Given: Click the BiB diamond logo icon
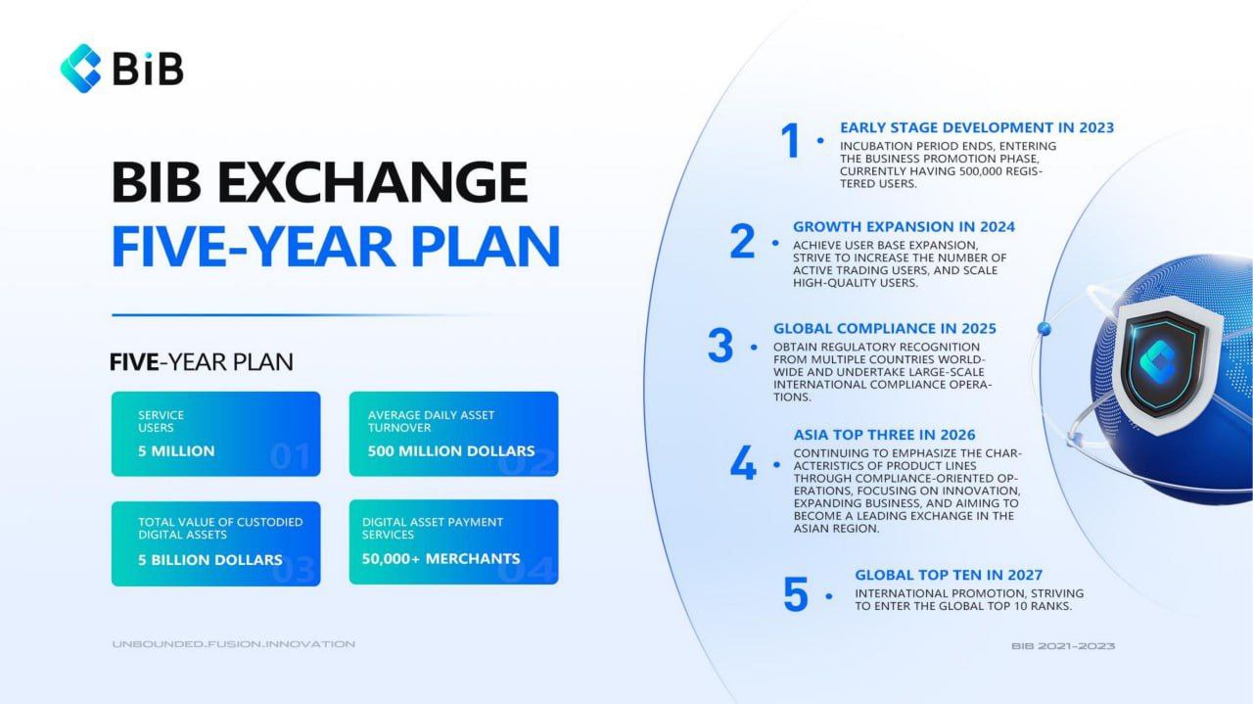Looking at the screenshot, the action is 80,69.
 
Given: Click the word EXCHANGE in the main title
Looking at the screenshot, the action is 372,182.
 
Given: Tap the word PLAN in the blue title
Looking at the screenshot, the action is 485,246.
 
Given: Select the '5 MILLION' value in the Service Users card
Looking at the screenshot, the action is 176,451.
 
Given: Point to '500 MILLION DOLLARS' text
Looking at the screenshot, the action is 451,451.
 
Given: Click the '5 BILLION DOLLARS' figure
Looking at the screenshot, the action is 209,560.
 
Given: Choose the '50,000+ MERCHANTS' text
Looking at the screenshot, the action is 441,558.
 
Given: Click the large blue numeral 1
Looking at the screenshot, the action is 790,140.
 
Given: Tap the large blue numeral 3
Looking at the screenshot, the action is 720,346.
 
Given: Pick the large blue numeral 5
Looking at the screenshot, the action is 796,593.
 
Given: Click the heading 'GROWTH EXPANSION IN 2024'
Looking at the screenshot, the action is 904,226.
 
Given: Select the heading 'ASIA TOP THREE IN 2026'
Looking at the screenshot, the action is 884,435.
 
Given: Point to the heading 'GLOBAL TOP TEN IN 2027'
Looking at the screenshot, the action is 949,575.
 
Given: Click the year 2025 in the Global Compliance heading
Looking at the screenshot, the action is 978,328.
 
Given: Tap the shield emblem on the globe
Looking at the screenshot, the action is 1166,365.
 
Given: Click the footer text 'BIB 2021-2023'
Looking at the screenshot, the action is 1063,646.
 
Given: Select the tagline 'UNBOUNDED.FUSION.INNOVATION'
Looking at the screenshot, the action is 233,644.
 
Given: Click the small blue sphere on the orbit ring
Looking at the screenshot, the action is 1044,328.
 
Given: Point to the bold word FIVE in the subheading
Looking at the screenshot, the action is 134,362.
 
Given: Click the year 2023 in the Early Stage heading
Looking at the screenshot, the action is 1096,127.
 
